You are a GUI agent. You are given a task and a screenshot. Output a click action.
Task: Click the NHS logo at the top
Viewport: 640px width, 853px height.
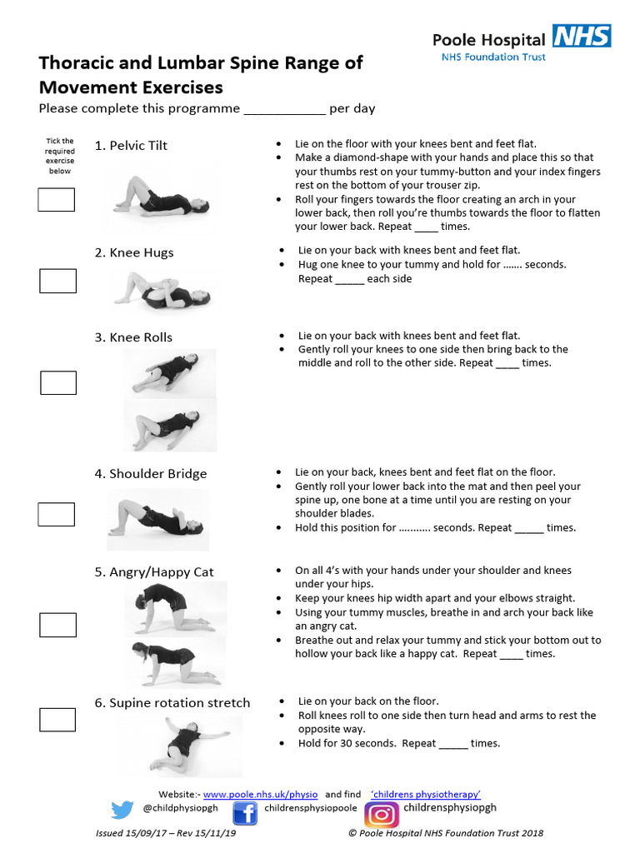(581, 36)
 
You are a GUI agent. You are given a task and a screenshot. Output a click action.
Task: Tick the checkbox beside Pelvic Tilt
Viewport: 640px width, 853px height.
(56, 200)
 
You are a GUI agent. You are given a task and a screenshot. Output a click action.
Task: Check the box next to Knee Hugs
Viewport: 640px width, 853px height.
(57, 281)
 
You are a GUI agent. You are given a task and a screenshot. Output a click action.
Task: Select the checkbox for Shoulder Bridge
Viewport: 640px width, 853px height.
(56, 514)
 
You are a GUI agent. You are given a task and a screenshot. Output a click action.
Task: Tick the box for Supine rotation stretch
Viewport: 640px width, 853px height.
(57, 719)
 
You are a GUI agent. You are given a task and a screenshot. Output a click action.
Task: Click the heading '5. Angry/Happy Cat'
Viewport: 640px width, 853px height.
(153, 572)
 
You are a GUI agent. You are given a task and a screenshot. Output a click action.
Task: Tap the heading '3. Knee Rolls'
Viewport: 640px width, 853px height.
(133, 337)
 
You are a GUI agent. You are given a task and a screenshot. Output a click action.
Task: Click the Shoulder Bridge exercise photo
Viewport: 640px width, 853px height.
(157, 518)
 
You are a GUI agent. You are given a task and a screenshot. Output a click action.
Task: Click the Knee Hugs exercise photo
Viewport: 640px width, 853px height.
(162, 292)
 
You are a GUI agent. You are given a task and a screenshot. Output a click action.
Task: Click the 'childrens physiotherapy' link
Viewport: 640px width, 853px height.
(426, 795)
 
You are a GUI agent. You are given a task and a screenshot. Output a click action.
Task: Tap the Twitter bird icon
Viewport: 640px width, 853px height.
(122, 810)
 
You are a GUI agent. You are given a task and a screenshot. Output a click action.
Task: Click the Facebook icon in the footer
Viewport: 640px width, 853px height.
(244, 812)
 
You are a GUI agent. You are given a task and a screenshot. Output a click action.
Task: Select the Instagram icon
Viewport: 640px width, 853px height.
(381, 813)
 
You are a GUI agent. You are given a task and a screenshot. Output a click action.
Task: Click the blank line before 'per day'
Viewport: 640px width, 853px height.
(283, 110)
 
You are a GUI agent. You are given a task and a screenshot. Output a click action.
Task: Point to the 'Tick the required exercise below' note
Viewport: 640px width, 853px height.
(59, 156)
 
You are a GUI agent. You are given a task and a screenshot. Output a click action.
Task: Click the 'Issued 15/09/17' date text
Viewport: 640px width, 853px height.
(135, 833)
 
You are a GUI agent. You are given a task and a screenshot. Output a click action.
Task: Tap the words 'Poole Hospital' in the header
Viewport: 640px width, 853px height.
(488, 38)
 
